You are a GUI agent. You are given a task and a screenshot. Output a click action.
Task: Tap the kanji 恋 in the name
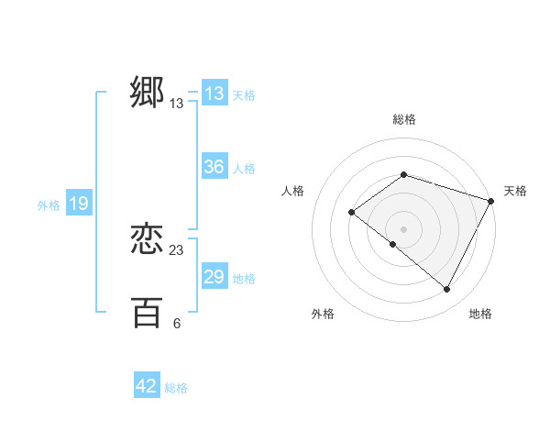pyautogui.click(x=147, y=239)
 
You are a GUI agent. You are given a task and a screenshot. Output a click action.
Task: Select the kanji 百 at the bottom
pyautogui.click(x=147, y=312)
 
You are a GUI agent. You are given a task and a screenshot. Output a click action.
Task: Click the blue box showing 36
pyautogui.click(x=214, y=167)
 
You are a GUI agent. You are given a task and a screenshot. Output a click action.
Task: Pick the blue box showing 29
pyautogui.click(x=214, y=277)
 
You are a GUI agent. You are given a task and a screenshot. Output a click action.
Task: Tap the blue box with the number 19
pyautogui.click(x=79, y=204)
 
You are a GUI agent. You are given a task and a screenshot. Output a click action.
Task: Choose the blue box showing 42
pyautogui.click(x=147, y=386)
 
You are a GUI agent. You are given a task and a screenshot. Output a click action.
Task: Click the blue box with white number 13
pyautogui.click(x=214, y=94)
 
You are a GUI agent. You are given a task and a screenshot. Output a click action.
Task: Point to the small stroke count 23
pyautogui.click(x=177, y=249)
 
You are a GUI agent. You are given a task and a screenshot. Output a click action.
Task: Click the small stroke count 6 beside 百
pyautogui.click(x=177, y=323)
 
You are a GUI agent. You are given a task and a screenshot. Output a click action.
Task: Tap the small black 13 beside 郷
pyautogui.click(x=177, y=104)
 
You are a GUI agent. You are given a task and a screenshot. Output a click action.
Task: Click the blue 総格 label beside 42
pyautogui.click(x=176, y=388)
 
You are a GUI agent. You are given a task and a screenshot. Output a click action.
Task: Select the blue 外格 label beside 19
pyautogui.click(x=49, y=205)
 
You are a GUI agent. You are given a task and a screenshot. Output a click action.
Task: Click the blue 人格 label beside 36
pyautogui.click(x=245, y=169)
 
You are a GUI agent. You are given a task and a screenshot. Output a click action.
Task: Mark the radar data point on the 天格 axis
pyautogui.click(x=491, y=201)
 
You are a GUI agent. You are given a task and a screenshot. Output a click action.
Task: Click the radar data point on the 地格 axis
pyautogui.click(x=447, y=290)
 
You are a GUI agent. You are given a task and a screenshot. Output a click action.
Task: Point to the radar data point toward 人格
pyautogui.click(x=351, y=213)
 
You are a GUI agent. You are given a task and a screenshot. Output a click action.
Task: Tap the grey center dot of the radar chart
pyautogui.click(x=403, y=229)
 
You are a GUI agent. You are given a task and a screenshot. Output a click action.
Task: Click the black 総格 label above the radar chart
pyautogui.click(x=403, y=119)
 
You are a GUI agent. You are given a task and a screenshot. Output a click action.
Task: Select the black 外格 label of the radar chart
pyautogui.click(x=323, y=314)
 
